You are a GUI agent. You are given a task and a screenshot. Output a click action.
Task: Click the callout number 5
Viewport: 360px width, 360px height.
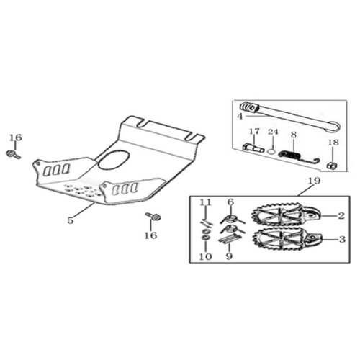tap(70, 220)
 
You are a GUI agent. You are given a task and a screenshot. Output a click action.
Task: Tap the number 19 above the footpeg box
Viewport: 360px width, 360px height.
tap(315, 181)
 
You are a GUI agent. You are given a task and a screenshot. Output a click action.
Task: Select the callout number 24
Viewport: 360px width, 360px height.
tap(273, 132)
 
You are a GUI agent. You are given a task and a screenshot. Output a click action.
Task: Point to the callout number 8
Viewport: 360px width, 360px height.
tap(294, 135)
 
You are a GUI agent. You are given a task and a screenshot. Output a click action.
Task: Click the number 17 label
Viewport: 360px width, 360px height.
tap(254, 132)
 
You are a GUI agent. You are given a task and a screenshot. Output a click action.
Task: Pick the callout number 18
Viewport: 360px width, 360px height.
tap(333, 143)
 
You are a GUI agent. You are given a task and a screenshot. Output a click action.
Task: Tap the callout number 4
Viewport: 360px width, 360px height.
tap(240, 117)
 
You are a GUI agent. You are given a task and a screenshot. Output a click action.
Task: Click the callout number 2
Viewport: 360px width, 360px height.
tap(341, 216)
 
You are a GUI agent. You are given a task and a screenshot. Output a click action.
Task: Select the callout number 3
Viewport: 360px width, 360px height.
tap(342, 239)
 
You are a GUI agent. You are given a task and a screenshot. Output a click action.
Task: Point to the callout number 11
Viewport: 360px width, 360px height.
tap(206, 202)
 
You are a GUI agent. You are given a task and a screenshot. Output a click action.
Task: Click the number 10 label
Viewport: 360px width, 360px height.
tap(206, 256)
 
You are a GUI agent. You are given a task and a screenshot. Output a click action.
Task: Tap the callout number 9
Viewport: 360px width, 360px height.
tap(229, 256)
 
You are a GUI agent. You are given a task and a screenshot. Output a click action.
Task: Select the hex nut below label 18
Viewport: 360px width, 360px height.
tap(332, 165)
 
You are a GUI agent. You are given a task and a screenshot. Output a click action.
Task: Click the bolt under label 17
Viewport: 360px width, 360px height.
tap(253, 148)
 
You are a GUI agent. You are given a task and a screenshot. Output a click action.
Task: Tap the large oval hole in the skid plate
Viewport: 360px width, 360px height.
tap(114, 159)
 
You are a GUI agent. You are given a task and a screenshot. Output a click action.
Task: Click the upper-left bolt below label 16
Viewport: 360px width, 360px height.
tap(13, 154)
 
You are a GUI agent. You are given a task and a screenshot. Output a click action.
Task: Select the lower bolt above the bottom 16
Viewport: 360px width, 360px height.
tap(153, 217)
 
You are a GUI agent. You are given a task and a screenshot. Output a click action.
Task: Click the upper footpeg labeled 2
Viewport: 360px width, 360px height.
tap(286, 214)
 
